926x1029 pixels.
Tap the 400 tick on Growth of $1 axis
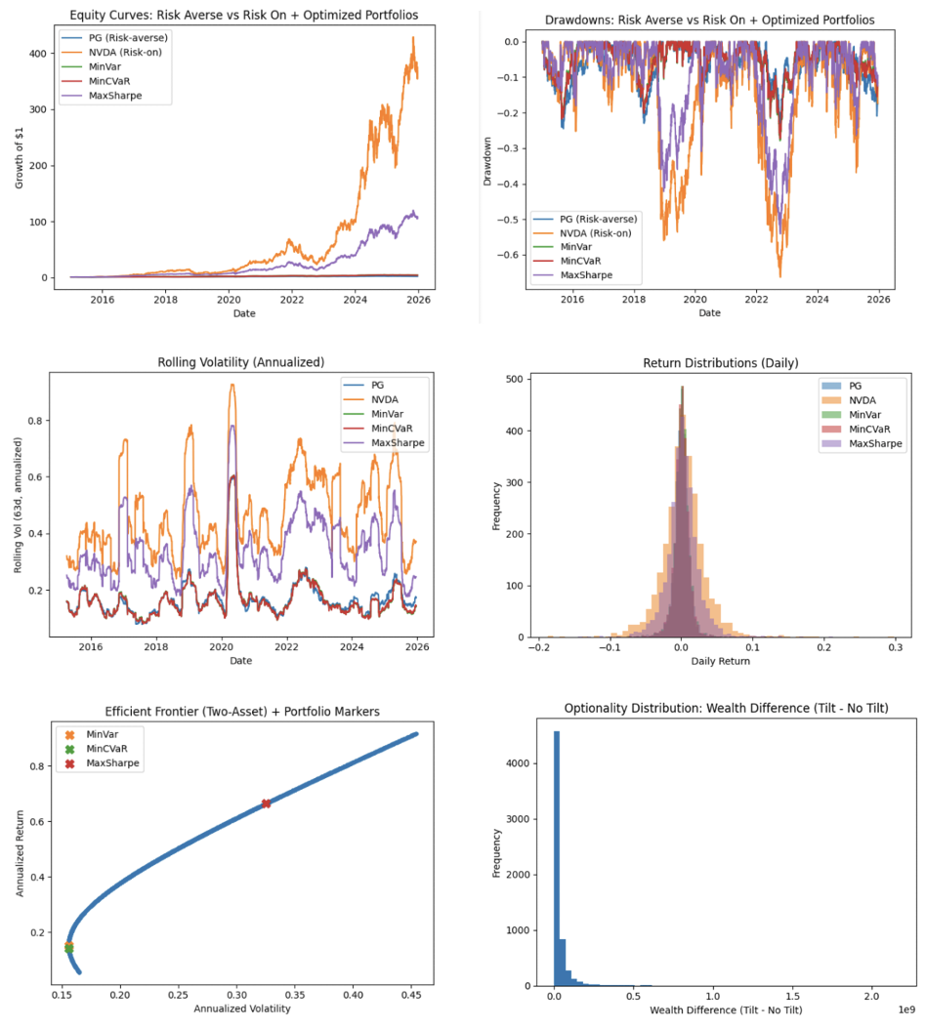point(37,54)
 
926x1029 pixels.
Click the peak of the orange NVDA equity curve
point(413,38)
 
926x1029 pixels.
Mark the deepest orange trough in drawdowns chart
point(779,276)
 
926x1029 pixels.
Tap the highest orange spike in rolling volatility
point(231,385)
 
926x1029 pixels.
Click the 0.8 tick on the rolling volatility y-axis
point(36,421)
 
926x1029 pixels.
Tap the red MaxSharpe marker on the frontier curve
point(266,803)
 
